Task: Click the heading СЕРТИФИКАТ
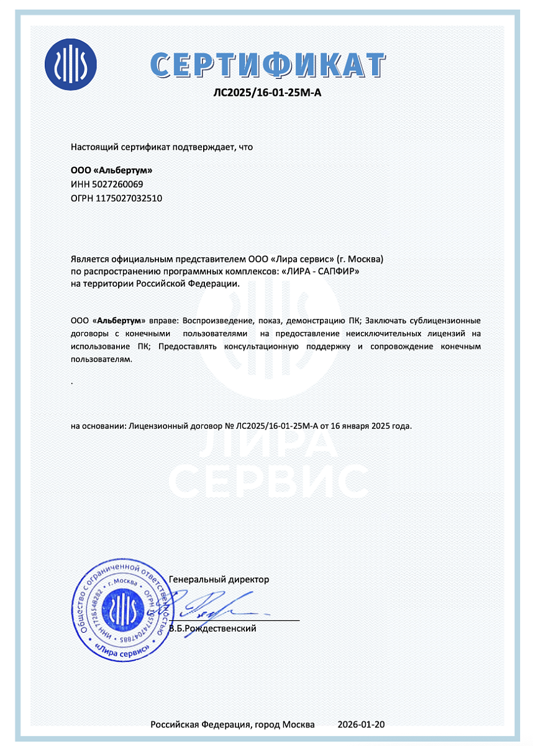point(267,64)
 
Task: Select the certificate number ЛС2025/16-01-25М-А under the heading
point(267,93)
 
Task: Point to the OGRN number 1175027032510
point(124,198)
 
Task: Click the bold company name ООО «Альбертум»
point(111,170)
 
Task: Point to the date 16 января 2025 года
point(370,426)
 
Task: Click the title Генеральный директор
point(219,579)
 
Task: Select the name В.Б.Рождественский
point(213,629)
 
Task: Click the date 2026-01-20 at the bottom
point(362,725)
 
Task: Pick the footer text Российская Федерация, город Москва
point(233,725)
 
